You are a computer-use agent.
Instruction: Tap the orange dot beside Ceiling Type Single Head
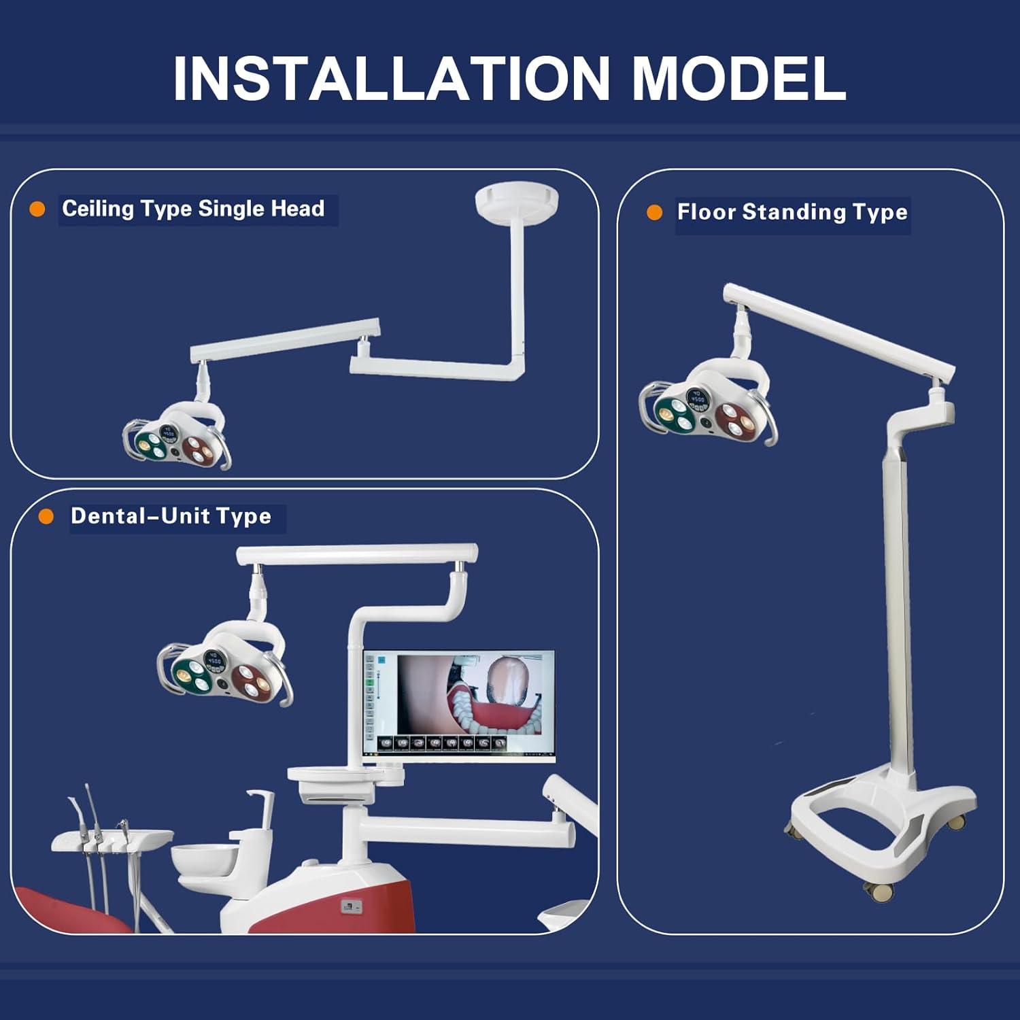tap(37, 209)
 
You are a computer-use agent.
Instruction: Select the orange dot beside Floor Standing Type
tap(654, 213)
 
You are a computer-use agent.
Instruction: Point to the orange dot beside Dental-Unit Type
tap(46, 517)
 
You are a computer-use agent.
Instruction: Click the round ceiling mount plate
tap(517, 201)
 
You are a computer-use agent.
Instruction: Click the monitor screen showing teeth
tap(459, 704)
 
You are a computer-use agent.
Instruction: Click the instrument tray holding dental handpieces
tap(112, 841)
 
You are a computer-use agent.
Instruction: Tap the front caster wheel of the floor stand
tap(879, 891)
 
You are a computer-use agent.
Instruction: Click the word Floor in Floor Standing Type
tap(706, 212)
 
